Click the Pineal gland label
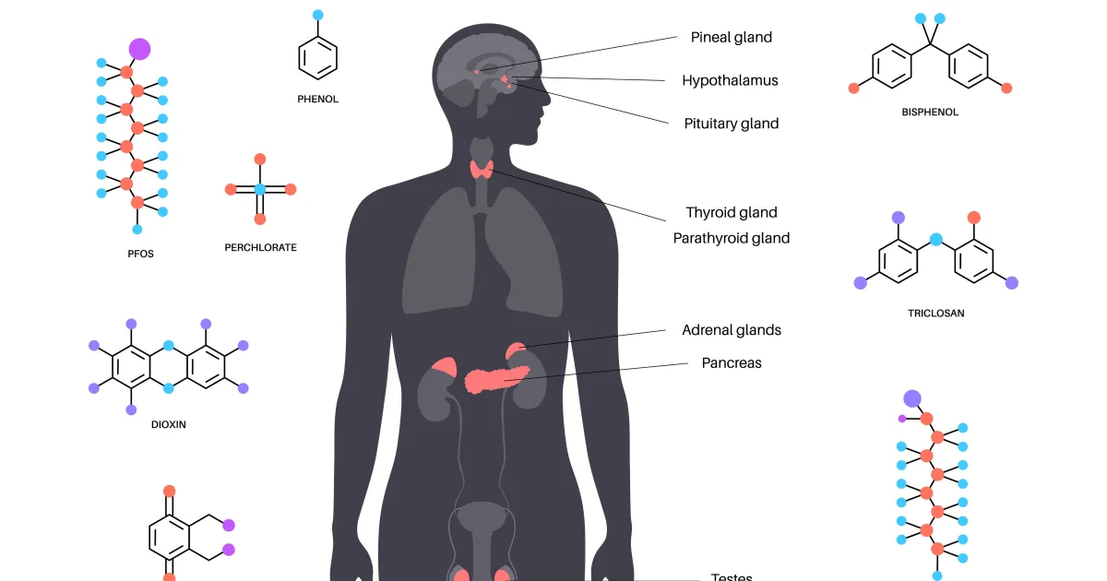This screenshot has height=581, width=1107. coord(731,37)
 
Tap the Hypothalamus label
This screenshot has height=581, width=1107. coord(730,80)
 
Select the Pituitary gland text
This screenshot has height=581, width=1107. coord(731,124)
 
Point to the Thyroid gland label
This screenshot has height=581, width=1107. coord(732,212)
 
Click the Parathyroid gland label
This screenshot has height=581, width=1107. coord(732,238)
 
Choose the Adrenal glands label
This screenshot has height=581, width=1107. coord(732,330)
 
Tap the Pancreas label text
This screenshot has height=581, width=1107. coord(732,362)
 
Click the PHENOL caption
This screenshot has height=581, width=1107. coord(317,99)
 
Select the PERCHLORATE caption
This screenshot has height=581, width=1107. coord(260,247)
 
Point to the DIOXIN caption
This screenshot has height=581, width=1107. coord(169,424)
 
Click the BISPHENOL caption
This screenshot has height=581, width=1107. coord(930,113)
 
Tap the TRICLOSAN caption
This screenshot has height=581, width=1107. coord(936,314)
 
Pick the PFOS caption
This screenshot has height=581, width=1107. coord(140,254)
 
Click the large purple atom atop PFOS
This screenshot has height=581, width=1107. coord(139,50)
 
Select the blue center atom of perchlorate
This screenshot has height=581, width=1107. coord(260,189)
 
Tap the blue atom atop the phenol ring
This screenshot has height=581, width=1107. coord(317,15)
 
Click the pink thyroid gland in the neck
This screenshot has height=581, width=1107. coord(482,170)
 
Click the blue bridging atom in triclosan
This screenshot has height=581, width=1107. coord(936,240)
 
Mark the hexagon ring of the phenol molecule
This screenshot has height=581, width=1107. coord(299,58)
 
